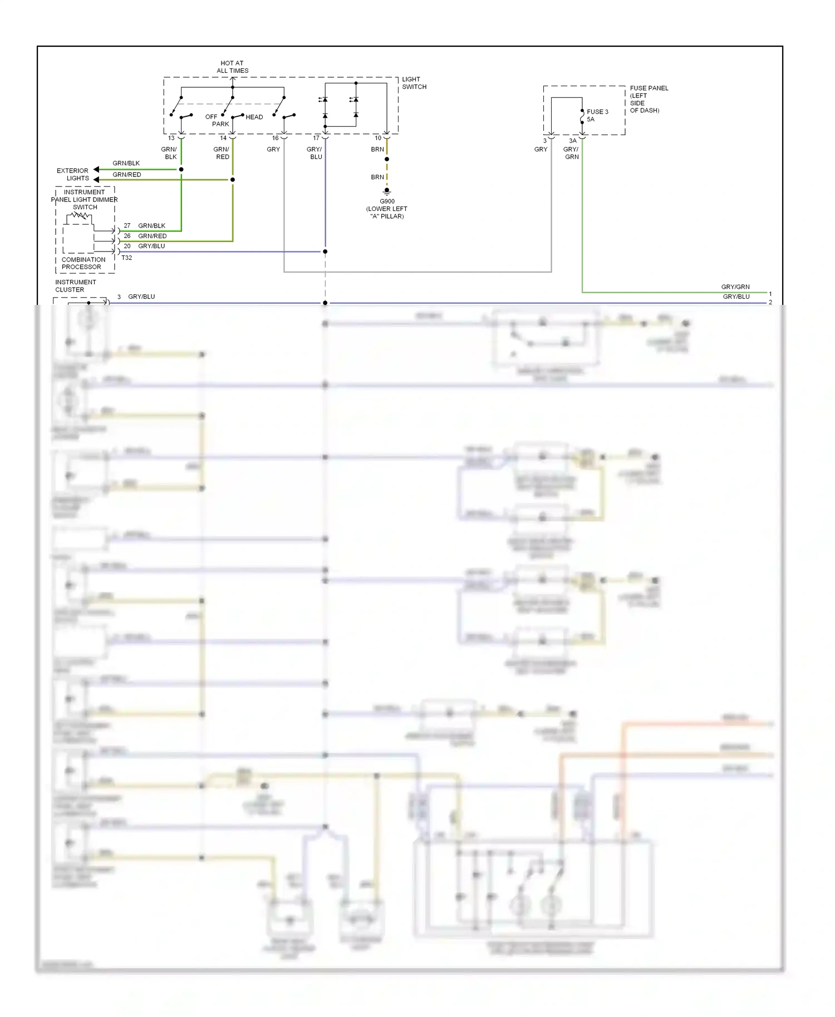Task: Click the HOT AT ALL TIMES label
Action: click(x=232, y=67)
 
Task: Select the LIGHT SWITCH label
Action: click(x=414, y=83)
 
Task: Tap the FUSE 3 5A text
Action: click(x=597, y=115)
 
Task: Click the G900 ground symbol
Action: click(x=387, y=191)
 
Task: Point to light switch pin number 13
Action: click(x=171, y=138)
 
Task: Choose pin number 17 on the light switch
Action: click(x=316, y=138)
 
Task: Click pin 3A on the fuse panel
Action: click(x=573, y=141)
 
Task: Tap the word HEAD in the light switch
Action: click(x=254, y=117)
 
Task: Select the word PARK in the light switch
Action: click(x=220, y=124)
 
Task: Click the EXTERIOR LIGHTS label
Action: click(x=73, y=174)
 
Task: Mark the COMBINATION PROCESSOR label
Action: click(x=83, y=263)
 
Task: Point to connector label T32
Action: click(x=126, y=258)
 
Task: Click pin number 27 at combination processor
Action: click(x=127, y=225)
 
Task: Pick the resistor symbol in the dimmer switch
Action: click(x=81, y=215)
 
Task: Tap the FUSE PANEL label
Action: click(x=649, y=88)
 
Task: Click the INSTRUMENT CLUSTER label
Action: click(x=75, y=285)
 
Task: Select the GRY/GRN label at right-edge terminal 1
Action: click(x=735, y=287)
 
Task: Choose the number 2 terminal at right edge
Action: click(x=770, y=302)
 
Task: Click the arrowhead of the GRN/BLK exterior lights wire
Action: click(x=96, y=169)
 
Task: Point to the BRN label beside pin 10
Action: click(x=377, y=149)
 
